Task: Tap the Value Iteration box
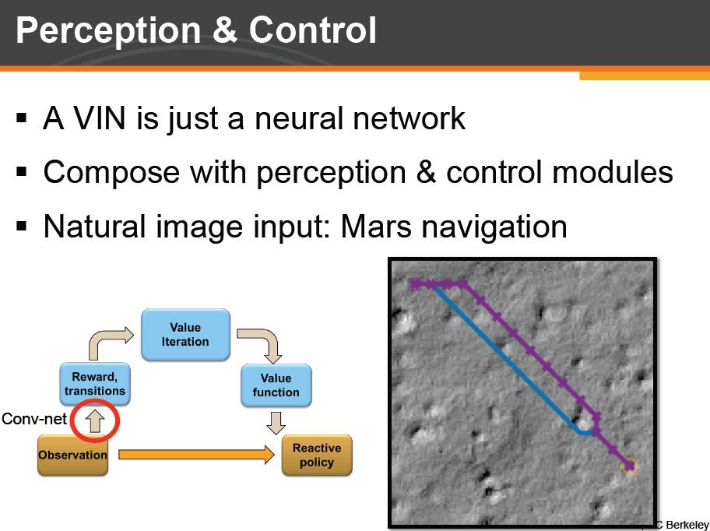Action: point(185,335)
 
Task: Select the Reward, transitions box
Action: point(95,384)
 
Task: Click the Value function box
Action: point(276,385)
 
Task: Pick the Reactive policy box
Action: point(317,455)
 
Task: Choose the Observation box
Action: point(73,455)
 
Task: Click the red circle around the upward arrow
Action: point(94,421)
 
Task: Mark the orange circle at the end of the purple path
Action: point(630,466)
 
